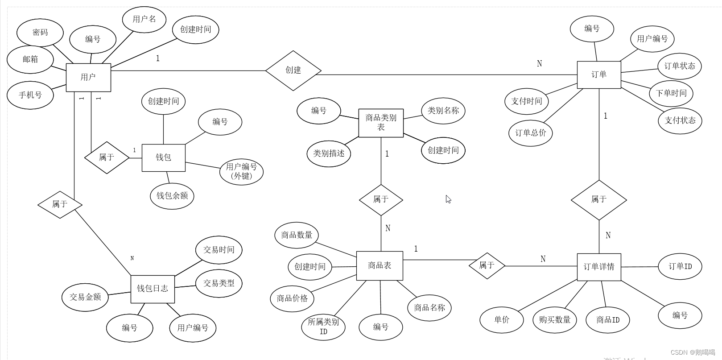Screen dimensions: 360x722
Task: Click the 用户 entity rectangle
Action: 88,77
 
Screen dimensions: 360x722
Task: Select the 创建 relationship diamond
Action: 293,70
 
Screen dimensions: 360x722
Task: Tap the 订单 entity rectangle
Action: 598,74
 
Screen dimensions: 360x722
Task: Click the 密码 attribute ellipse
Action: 40,33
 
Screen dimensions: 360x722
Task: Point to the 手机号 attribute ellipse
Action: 30,95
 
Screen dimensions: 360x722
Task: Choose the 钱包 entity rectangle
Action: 163,157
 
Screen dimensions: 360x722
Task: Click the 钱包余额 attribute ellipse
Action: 172,196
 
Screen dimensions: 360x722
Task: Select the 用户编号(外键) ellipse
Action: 241,171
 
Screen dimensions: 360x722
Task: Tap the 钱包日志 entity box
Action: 153,289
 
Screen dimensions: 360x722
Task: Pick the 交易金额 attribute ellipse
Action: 85,297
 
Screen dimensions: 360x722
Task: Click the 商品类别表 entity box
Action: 381,123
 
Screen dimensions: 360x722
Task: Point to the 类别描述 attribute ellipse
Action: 329,154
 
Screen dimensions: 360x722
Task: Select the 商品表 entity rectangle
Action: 380,266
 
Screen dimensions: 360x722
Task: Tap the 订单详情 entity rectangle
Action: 598,267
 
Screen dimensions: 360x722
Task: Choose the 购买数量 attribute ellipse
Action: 554,320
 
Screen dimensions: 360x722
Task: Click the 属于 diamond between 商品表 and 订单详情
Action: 487,266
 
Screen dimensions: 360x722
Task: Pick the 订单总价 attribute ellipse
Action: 530,133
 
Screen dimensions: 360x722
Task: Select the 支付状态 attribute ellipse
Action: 680,120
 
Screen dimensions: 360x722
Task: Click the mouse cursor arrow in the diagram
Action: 448,199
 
